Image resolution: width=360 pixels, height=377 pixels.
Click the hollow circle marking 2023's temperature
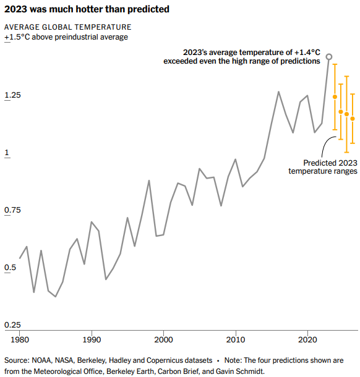pyautogui.click(x=329, y=57)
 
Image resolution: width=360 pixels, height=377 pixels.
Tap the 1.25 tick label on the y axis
pyautogui.click(x=13, y=95)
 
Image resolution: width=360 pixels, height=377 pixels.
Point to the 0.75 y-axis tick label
pyautogui.click(x=13, y=210)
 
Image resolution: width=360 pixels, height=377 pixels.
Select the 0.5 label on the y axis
pyautogui.click(x=10, y=268)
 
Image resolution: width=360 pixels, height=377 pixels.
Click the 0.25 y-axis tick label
pyautogui.click(x=13, y=325)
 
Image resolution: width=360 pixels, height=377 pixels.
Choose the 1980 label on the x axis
pyautogui.click(x=20, y=340)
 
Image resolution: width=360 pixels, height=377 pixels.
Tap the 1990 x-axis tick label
pyautogui.click(x=92, y=340)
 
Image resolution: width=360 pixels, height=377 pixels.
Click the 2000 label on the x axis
pyautogui.click(x=164, y=340)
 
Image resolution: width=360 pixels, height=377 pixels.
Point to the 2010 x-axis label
pyautogui.click(x=236, y=340)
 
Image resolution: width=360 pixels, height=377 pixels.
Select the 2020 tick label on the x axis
pyautogui.click(x=307, y=340)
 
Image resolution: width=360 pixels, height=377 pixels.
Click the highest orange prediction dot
pyautogui.click(x=335, y=97)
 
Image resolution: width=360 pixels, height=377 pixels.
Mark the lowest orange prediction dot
pyautogui.click(x=353, y=119)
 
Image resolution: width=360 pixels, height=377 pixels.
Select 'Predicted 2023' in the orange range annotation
pyautogui.click(x=330, y=163)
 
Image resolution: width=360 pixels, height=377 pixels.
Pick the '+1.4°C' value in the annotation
pyautogui.click(x=307, y=53)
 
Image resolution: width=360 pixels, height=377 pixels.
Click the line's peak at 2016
pyautogui.click(x=279, y=92)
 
